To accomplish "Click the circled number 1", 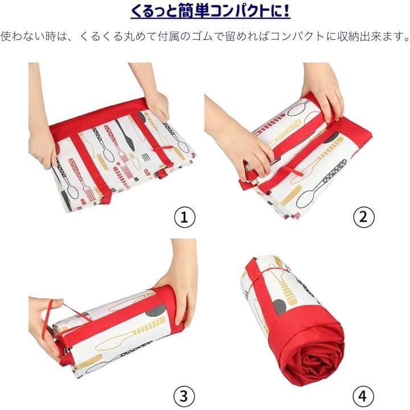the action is pos(184,217).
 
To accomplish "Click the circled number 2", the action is pos(363,217).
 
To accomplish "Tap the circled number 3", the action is pos(184,396).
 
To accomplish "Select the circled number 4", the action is pos(363,396).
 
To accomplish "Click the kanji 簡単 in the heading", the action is pos(194,11).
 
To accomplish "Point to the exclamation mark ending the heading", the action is pos(286,10).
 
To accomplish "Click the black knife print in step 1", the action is pos(126,134).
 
